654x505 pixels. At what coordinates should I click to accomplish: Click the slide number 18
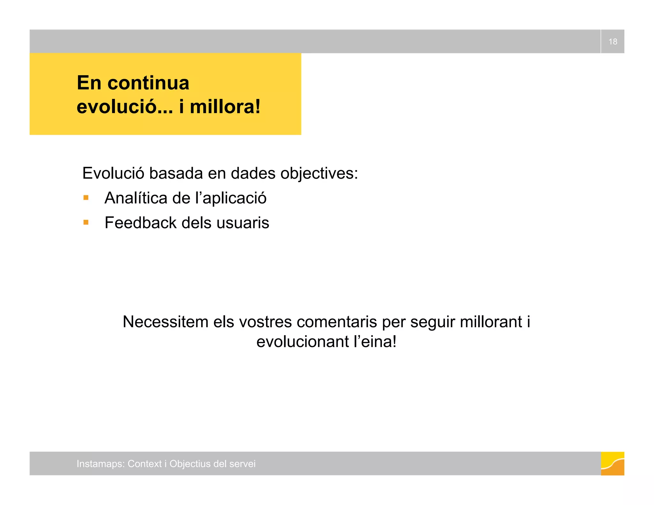[612, 41]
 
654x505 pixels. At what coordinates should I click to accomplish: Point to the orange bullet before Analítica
[86, 198]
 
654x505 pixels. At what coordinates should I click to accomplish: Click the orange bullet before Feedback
[86, 222]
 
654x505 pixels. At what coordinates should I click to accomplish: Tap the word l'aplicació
[231, 198]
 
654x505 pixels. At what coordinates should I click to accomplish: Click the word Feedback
[141, 222]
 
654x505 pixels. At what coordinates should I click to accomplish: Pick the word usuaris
[243, 222]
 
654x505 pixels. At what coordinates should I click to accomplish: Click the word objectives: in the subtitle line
[319, 174]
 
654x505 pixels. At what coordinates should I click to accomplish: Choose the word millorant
[491, 321]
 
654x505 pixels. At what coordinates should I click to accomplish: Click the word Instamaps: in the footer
[100, 464]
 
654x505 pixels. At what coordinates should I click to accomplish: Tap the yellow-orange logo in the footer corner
[612, 464]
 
